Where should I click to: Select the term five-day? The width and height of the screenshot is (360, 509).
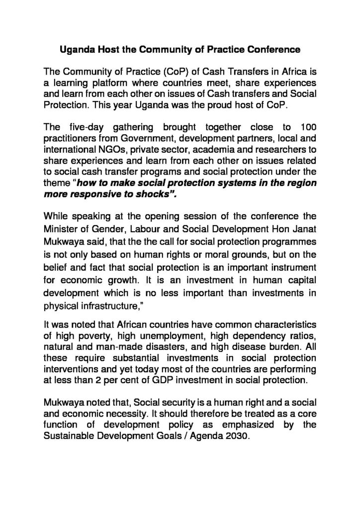pyautogui.click(x=83, y=130)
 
